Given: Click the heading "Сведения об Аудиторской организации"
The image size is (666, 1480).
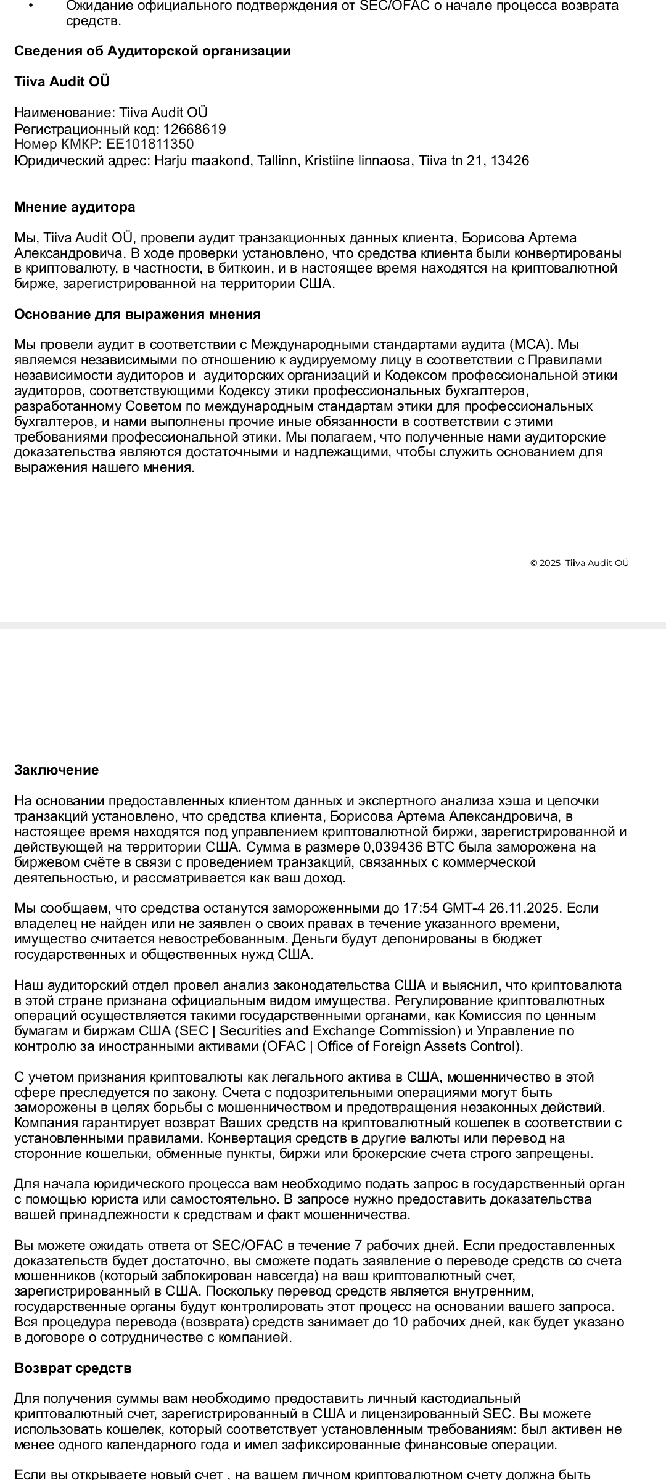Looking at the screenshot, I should (152, 51).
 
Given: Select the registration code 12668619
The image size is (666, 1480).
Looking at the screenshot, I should (194, 129).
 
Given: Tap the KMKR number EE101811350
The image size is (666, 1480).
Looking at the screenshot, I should (150, 144).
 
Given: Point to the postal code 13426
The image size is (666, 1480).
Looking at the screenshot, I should (509, 161).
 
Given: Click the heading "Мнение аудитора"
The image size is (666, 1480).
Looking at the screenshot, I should (75, 207).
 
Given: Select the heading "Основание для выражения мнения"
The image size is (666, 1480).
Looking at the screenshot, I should (138, 314).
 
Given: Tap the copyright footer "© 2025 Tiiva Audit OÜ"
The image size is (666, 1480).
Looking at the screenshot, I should (580, 562).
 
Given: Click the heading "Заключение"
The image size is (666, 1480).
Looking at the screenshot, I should (56, 770).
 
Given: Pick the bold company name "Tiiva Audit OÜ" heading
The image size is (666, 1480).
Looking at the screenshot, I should (62, 81).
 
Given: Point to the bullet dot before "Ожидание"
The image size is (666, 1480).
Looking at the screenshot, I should (31, 6).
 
